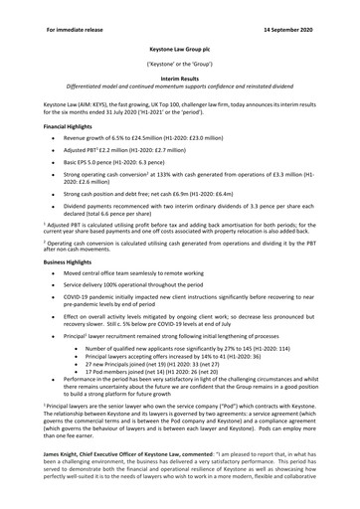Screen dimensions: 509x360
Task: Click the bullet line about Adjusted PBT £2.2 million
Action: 139,158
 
